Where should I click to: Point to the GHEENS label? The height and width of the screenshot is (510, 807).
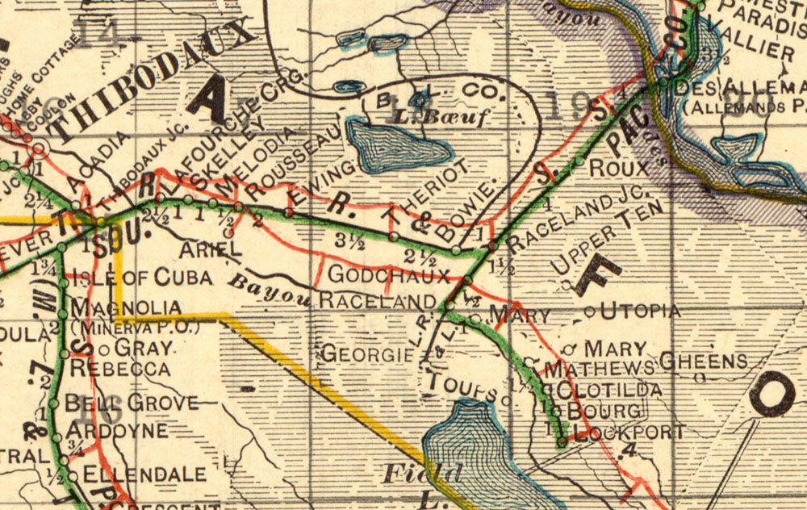pos(703,361)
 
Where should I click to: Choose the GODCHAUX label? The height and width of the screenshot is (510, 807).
pos(388,275)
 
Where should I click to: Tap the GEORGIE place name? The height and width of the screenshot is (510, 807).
pos(362,353)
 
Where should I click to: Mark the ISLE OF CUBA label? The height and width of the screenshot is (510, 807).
pos(142,278)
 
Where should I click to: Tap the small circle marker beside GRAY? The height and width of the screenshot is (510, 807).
pos(104,349)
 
